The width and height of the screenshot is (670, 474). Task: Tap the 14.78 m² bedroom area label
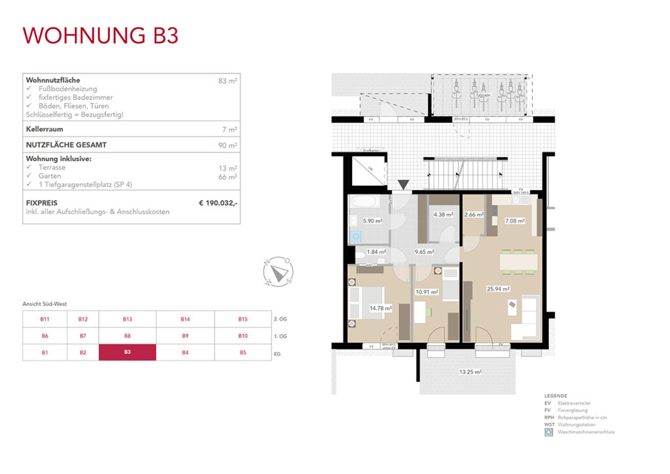(380, 308)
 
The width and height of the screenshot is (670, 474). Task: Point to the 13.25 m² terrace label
(471, 372)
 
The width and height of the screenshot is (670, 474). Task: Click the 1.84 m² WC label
(376, 251)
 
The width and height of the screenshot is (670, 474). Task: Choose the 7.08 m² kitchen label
(515, 221)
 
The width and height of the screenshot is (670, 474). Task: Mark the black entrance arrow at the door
(404, 185)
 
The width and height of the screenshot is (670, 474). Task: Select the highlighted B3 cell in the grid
(127, 352)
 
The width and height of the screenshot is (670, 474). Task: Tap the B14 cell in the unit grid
(185, 319)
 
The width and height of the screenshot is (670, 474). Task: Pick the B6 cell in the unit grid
(45, 336)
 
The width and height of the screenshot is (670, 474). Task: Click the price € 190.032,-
(218, 204)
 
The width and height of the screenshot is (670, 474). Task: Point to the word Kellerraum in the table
(44, 130)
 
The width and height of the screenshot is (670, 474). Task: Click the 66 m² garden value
(228, 177)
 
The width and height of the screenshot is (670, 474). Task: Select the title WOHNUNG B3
(100, 35)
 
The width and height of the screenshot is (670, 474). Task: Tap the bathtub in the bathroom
(361, 202)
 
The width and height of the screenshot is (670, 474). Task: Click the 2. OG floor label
(279, 319)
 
